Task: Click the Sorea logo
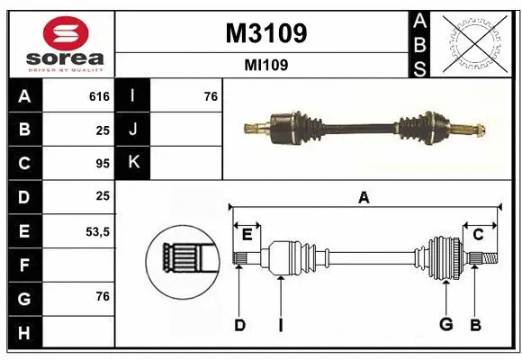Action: click(59, 44)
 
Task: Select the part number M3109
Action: click(265, 33)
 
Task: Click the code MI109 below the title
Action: click(265, 65)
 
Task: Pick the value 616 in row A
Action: click(99, 96)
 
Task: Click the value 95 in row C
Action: click(103, 164)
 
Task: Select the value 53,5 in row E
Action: click(96, 231)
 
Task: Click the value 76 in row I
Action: click(211, 96)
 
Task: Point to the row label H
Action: click(23, 333)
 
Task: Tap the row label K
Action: click(133, 164)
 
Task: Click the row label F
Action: click(23, 265)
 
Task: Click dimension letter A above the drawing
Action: click(364, 197)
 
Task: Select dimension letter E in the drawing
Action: click(247, 235)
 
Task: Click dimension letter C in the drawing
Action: click(478, 235)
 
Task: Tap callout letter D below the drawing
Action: click(239, 325)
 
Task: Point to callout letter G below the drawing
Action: click(445, 325)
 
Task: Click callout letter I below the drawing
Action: click(280, 325)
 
